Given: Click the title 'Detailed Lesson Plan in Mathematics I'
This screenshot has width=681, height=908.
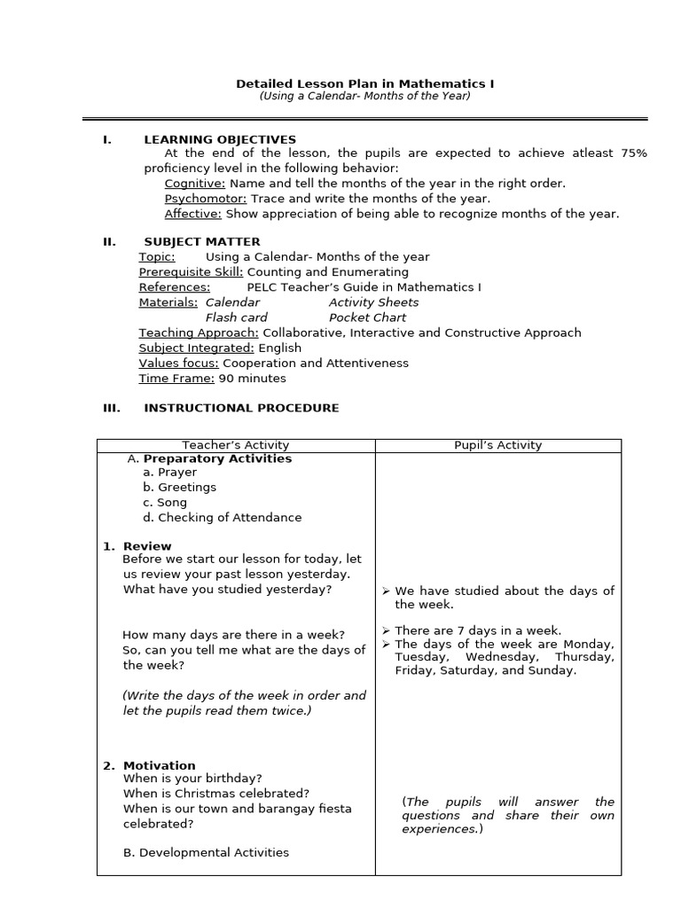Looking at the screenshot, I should [364, 83].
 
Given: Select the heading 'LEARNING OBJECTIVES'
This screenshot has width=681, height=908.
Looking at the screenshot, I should [220, 139].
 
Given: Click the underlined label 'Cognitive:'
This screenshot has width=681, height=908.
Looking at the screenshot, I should [195, 184].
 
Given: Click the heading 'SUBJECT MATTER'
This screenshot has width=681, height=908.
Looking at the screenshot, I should [202, 241].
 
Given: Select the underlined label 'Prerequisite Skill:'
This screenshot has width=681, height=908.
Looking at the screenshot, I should [191, 272].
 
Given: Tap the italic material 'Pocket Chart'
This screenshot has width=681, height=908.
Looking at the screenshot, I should [367, 317].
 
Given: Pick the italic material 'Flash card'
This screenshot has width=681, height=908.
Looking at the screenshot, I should [236, 317].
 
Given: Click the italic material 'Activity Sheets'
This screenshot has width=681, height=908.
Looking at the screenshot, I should [373, 302].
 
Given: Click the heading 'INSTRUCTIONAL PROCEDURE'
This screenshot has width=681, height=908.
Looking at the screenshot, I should [241, 408].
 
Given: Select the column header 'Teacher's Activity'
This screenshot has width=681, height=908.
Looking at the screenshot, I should [236, 445].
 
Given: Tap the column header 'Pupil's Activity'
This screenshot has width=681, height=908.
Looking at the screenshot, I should [497, 445].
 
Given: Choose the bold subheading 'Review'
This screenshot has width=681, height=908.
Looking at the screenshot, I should [147, 546].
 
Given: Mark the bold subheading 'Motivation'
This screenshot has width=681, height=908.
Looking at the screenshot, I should [160, 765].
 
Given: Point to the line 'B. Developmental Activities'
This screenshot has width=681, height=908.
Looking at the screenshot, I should [206, 853].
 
